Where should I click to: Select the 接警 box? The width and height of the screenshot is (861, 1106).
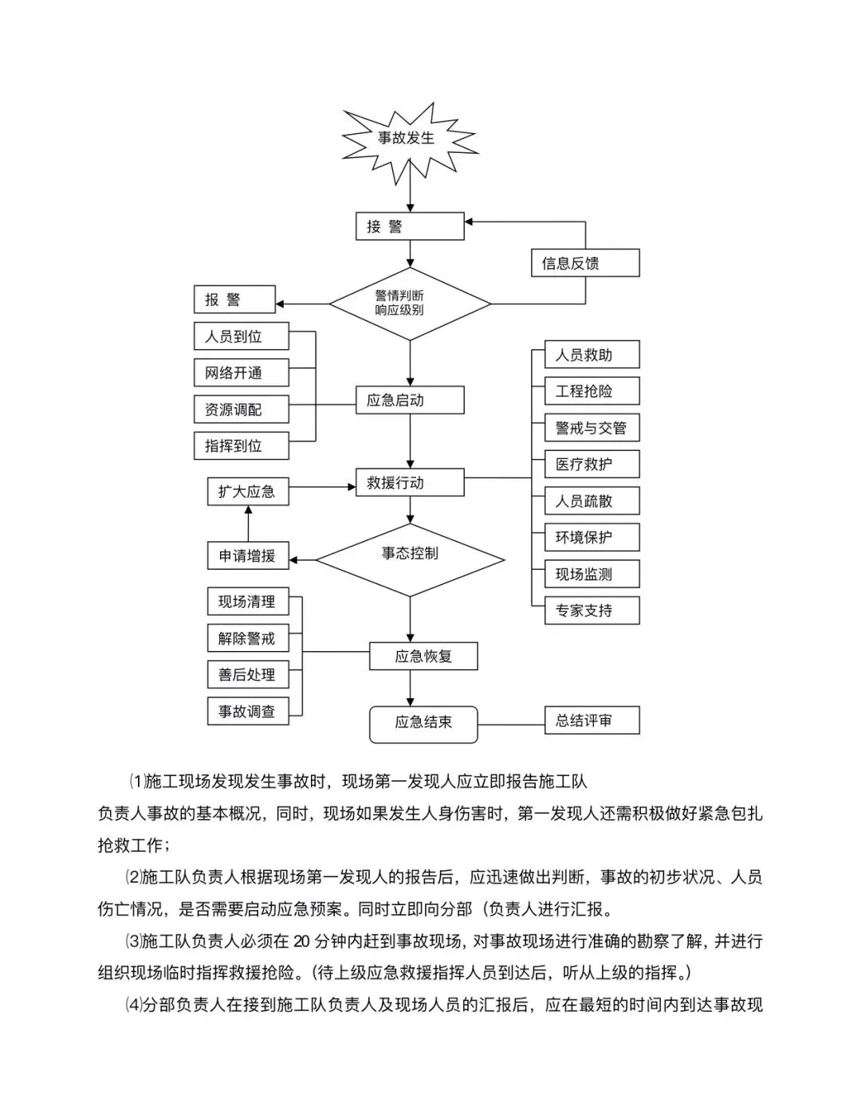(410, 226)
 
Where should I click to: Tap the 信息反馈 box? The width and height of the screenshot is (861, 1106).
(585, 263)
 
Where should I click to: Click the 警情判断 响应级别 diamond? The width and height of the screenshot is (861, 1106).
(410, 304)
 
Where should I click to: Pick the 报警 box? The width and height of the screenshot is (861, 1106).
(234, 300)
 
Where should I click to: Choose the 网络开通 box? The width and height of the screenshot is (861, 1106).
(242, 373)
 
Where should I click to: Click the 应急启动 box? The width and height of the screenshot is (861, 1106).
(410, 400)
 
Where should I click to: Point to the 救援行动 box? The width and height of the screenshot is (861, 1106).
(410, 482)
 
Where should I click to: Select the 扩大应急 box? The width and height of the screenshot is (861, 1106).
(248, 491)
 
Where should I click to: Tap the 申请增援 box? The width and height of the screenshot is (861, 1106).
(248, 555)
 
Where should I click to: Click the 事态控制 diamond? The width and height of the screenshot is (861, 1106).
(410, 560)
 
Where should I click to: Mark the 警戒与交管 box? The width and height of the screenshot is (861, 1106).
(592, 428)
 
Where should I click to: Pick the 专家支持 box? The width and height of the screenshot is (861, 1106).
(592, 610)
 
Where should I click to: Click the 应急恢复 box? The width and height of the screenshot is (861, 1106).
(423, 656)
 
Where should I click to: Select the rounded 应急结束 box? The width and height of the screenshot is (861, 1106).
(423, 725)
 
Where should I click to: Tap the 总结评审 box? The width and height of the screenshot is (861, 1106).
(592, 720)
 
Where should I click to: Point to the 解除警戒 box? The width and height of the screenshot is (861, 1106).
(248, 637)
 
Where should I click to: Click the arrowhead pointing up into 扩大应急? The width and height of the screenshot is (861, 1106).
(248, 509)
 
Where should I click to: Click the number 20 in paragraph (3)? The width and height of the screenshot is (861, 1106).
(301, 942)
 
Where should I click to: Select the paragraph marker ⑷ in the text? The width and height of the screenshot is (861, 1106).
(133, 1006)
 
